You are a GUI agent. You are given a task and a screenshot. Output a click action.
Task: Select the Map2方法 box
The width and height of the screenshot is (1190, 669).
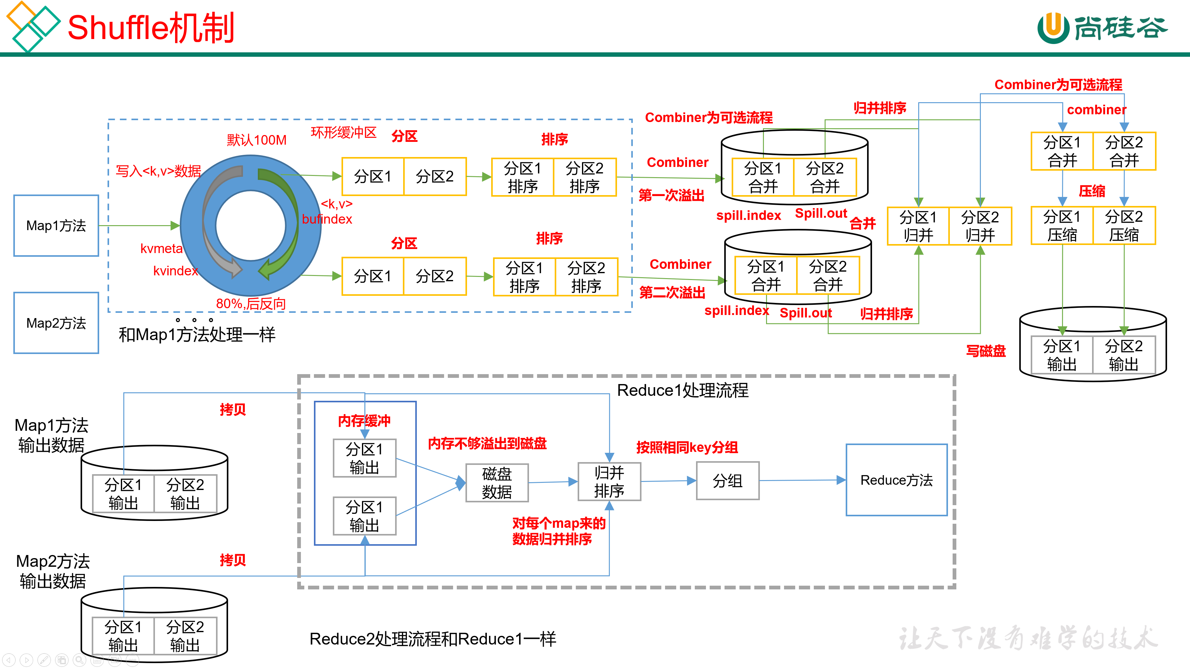pos(56,323)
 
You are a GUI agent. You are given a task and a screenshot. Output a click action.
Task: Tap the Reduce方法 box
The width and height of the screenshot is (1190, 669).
pos(896,480)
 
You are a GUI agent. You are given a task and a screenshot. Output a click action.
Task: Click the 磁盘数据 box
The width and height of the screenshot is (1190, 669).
pos(496,483)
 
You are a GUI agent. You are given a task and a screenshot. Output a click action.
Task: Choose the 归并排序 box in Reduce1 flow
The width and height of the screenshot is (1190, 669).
pos(609,482)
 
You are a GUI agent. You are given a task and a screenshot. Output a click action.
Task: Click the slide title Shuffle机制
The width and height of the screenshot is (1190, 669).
pos(151,28)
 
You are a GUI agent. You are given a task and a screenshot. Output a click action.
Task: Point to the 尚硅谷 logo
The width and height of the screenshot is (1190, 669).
pos(1102,28)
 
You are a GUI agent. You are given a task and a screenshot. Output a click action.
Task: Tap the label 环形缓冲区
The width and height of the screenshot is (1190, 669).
pos(343,133)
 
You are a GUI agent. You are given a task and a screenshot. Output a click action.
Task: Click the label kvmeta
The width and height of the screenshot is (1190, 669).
pos(161,249)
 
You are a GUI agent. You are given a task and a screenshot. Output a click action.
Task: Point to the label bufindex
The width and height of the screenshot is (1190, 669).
pos(327,219)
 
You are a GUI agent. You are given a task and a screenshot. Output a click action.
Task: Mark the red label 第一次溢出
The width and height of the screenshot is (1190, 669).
pos(671,195)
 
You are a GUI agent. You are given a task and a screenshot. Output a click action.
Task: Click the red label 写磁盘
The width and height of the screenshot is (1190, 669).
pos(986,351)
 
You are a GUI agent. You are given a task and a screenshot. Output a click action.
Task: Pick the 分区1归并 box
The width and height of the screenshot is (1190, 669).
pos(918,226)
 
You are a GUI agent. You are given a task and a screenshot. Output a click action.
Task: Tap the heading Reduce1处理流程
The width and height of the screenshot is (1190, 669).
pos(682,391)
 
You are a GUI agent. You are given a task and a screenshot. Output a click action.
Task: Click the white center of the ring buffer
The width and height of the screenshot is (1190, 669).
pos(250,225)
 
